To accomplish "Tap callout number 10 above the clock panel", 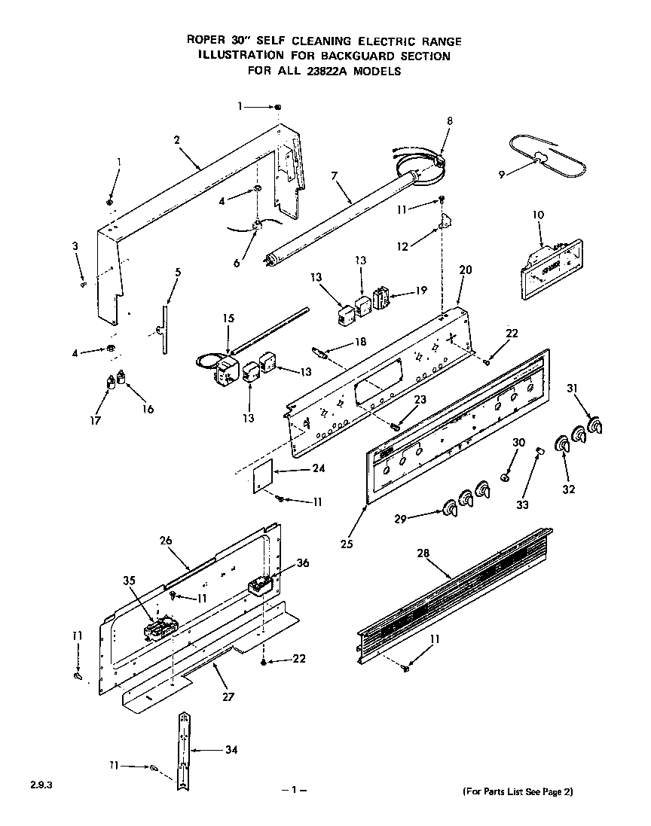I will [x=536, y=215].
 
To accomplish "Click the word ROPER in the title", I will [x=205, y=41].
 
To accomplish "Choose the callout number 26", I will [x=167, y=540].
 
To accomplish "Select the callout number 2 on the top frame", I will [x=176, y=140].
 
